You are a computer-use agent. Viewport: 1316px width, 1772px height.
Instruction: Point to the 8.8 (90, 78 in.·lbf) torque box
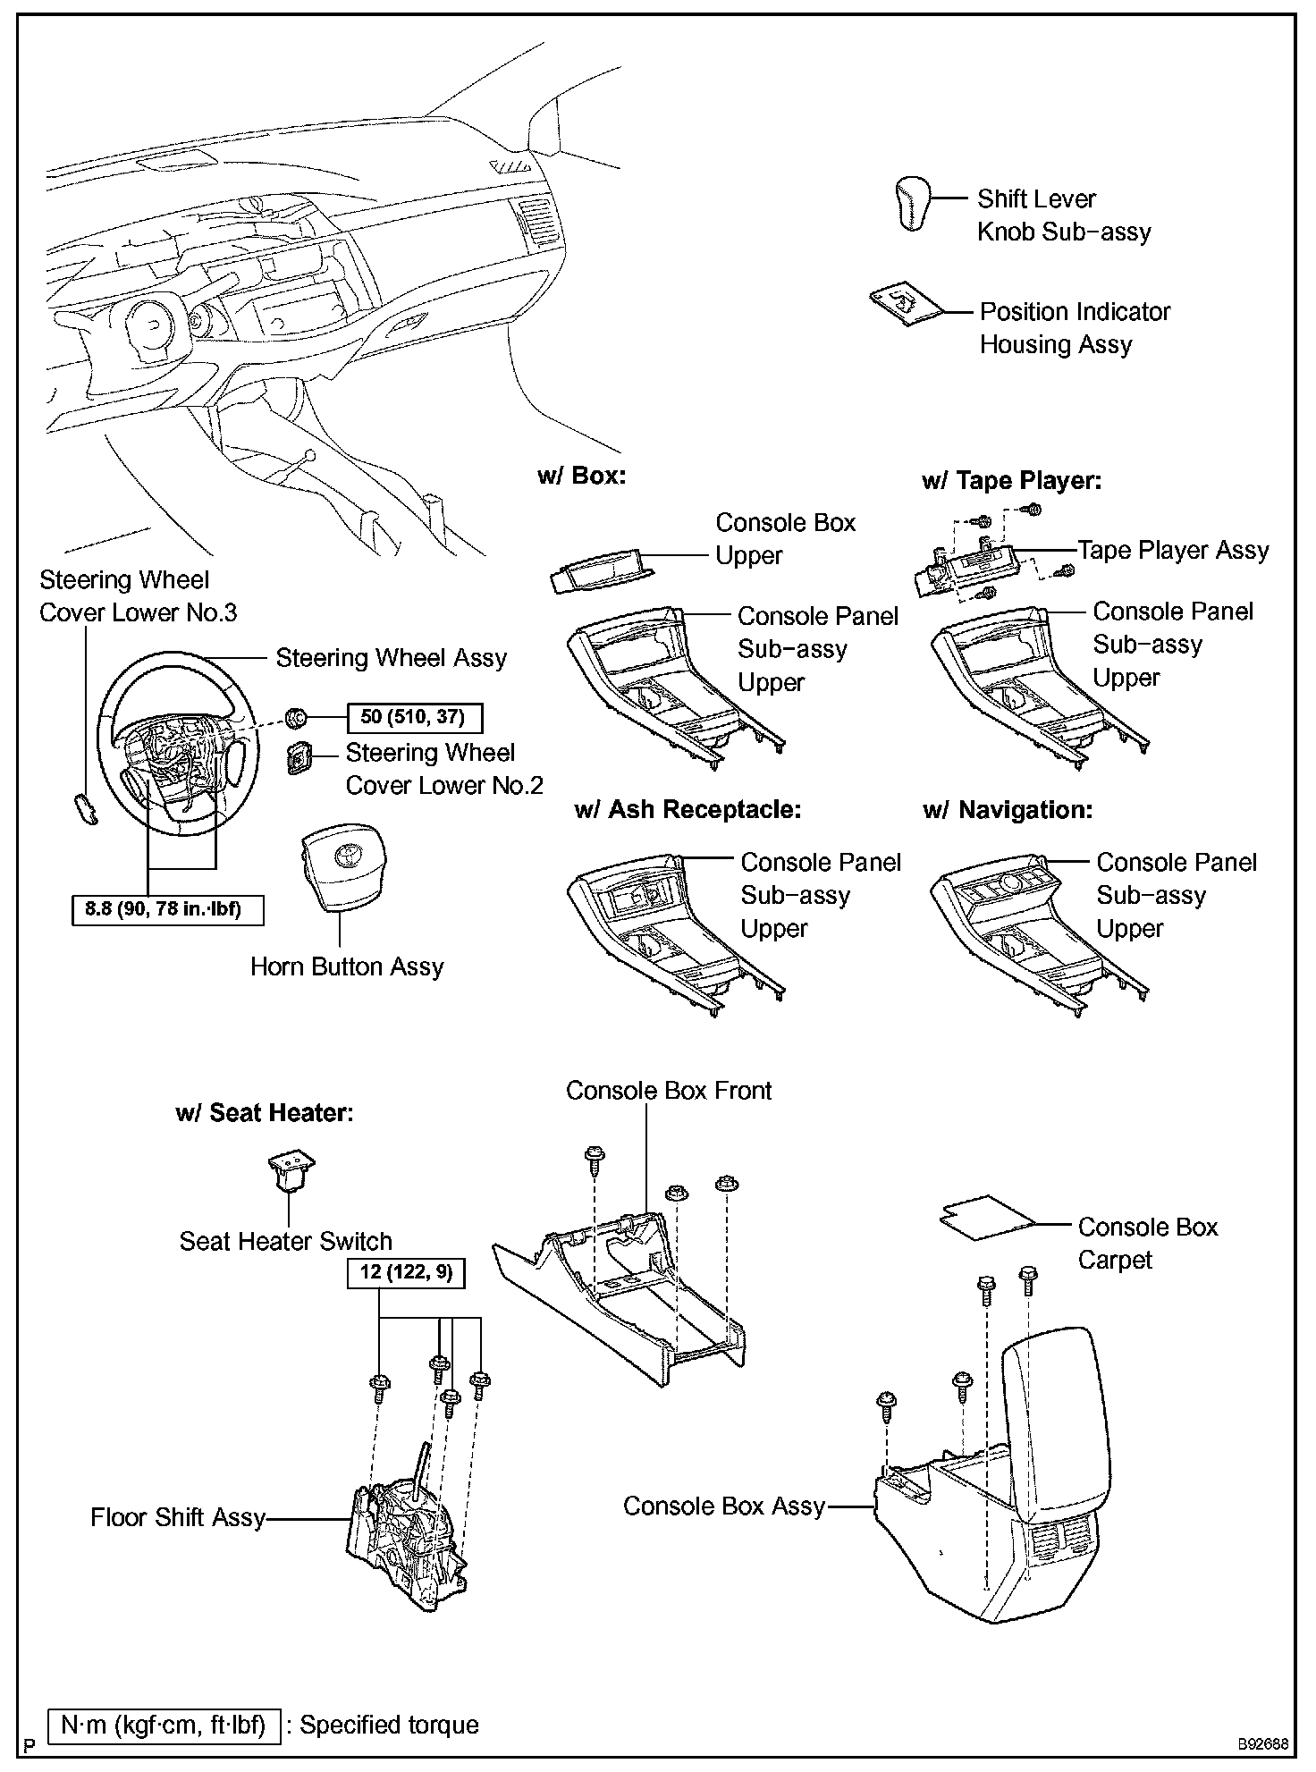coord(169,910)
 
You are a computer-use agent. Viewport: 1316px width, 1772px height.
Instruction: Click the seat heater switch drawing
coord(291,1172)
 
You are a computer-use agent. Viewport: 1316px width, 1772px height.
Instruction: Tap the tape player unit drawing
coord(965,568)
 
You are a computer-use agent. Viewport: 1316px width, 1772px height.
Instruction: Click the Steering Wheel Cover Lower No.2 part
coord(299,758)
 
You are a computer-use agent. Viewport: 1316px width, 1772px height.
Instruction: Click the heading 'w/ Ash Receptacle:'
coord(688,810)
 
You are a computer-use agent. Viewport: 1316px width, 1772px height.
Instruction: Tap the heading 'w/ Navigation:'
coord(1008,811)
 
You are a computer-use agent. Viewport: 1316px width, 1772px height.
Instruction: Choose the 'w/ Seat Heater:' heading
coord(265,1113)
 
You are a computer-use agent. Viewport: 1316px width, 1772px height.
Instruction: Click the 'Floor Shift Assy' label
coord(178,1517)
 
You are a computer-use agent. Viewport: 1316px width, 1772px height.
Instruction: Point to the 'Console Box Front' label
coord(669,1090)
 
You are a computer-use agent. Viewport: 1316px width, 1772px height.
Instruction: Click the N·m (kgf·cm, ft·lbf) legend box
coord(164,1725)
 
